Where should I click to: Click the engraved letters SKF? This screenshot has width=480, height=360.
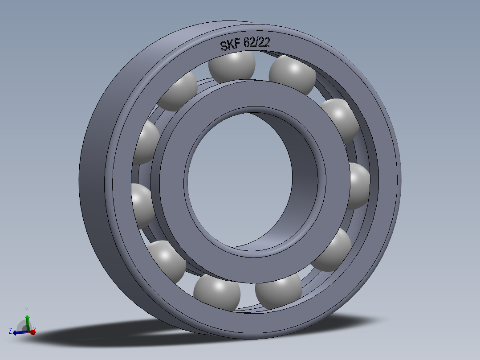pyautogui.click(x=230, y=45)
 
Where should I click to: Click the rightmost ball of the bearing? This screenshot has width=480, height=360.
pyautogui.click(x=358, y=186)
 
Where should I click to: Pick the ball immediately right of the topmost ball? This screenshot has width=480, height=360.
pyautogui.click(x=292, y=74)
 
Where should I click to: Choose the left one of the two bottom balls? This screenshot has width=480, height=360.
pyautogui.click(x=217, y=292)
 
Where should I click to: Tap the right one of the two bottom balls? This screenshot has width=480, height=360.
pyautogui.click(x=279, y=291)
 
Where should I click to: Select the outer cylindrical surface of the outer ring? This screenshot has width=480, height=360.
pyautogui.click(x=96, y=178)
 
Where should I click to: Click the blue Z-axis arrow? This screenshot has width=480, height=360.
pyautogui.click(x=19, y=332)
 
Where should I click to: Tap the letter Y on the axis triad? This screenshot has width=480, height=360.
pyautogui.click(x=27, y=310)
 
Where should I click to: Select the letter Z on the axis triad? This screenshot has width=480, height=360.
pyautogui.click(x=10, y=331)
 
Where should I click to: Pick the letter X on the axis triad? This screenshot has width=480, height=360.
pyautogui.click(x=35, y=330)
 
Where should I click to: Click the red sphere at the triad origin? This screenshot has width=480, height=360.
pyautogui.click(x=32, y=332)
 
